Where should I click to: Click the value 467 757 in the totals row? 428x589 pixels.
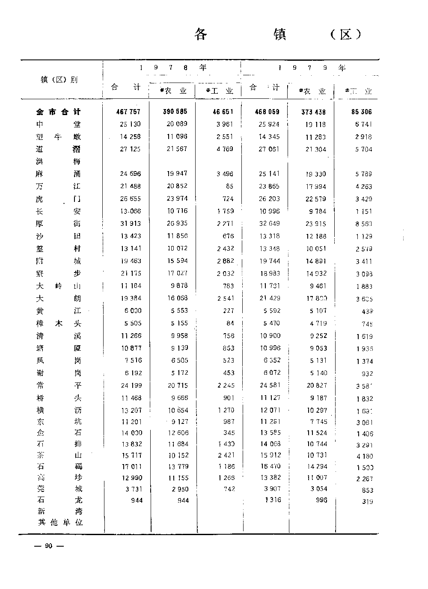pos(128,112)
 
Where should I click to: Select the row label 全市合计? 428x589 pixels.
pos(58,112)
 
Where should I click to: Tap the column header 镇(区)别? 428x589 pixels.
pos(59,80)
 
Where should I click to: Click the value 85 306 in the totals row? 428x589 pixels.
pos(361,112)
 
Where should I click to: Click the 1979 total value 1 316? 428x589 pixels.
pos(272,500)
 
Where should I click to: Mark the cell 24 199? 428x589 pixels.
pos(131,385)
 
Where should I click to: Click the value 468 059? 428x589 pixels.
pos(267,112)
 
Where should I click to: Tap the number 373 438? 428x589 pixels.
pos(313,112)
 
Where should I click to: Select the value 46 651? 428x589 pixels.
pos(223,112)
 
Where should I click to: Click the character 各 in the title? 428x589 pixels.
pos(201,34)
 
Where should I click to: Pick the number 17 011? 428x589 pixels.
pos(131,467)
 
